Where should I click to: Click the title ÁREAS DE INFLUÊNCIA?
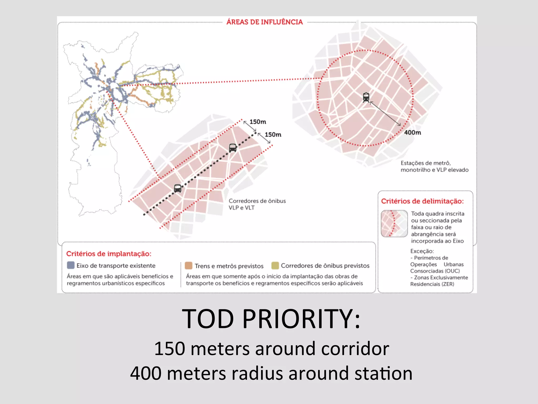(x=265, y=22)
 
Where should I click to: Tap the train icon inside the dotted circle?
(x=366, y=97)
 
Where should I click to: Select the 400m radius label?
(x=412, y=133)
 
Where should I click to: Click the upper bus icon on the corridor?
(x=233, y=148)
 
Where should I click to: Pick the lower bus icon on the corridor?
(x=178, y=188)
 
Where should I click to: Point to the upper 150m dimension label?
(x=258, y=122)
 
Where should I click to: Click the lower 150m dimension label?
(x=273, y=135)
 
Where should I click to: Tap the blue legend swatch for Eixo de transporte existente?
(x=71, y=265)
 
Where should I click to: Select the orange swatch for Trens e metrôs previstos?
(x=189, y=266)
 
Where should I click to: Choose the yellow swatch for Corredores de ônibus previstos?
(x=275, y=266)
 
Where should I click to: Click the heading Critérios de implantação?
(x=109, y=254)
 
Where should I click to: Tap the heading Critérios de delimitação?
(x=422, y=201)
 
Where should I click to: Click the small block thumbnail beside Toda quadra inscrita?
(x=394, y=224)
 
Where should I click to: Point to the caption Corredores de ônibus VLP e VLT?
(x=257, y=204)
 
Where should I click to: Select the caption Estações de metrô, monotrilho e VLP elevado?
(x=434, y=166)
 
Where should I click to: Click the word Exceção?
(x=422, y=251)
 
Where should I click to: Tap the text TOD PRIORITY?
(x=271, y=319)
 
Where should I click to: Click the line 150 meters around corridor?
(x=271, y=349)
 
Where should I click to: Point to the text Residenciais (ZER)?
(x=432, y=284)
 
